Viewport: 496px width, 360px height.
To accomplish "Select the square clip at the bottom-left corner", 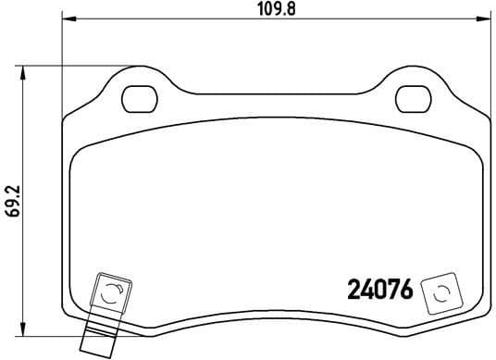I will coord(109,296).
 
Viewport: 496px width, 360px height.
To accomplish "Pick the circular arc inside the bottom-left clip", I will coord(109,296).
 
